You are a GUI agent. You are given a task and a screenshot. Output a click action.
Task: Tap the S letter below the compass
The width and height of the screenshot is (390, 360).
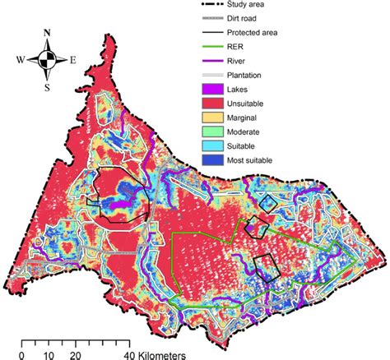[x=49, y=86]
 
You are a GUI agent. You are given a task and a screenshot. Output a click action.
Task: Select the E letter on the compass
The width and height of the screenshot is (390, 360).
[x=74, y=60]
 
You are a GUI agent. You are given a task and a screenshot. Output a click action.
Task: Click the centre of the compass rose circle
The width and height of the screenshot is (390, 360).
[x=49, y=60]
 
